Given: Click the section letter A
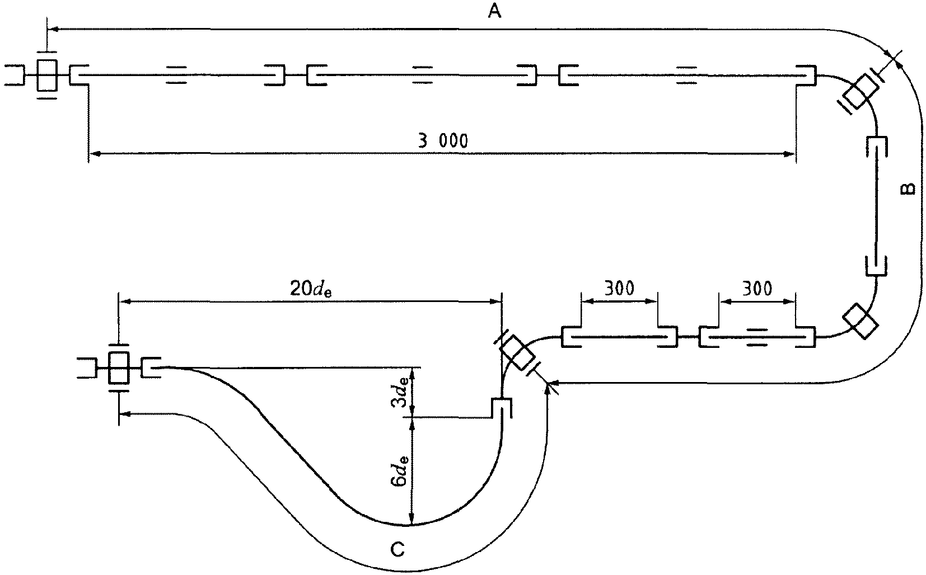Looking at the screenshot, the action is (x=494, y=11).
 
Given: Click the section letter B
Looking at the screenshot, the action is (x=908, y=190).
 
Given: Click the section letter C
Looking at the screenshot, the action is (x=397, y=549).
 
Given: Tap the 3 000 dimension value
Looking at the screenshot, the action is (x=443, y=142).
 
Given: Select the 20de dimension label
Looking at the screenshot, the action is (x=311, y=289).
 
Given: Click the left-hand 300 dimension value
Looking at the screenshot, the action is (x=619, y=288).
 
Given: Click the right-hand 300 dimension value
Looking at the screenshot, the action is (x=757, y=288).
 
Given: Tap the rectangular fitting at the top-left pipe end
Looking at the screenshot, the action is (x=46, y=75).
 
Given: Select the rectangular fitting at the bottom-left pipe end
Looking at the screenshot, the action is (x=119, y=367).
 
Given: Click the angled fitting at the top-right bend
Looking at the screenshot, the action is (x=862, y=92).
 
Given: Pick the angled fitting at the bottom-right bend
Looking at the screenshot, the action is (x=860, y=321).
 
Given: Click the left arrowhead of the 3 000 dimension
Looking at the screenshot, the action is (x=95, y=154).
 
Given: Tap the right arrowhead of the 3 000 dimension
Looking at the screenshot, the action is (x=789, y=154).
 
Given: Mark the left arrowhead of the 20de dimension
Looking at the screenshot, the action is (x=125, y=301).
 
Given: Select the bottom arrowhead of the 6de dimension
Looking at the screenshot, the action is (x=411, y=518).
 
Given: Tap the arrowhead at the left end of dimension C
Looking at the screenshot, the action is (x=125, y=413).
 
